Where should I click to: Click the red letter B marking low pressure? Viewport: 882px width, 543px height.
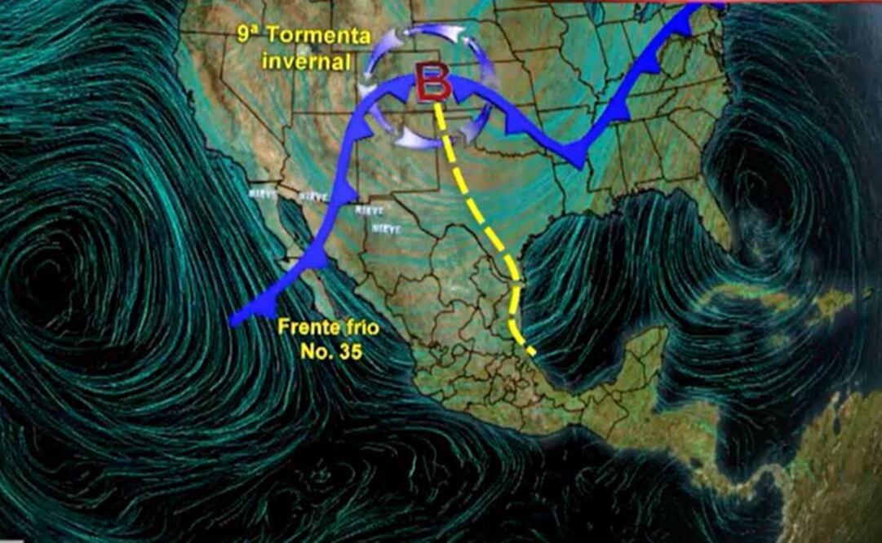click(433, 83)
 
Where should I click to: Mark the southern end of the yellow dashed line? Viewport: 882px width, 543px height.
click(534, 355)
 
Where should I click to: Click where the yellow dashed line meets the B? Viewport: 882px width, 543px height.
click(439, 102)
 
